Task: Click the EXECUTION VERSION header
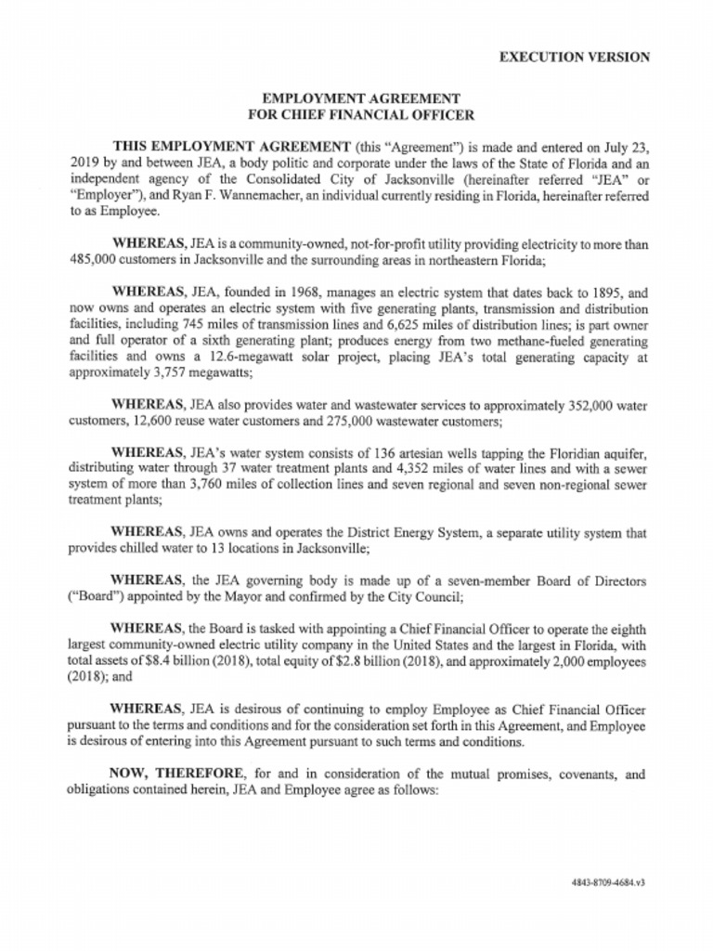(x=574, y=57)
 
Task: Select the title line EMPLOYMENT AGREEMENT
(x=361, y=99)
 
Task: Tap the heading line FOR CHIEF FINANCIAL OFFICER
(x=361, y=115)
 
